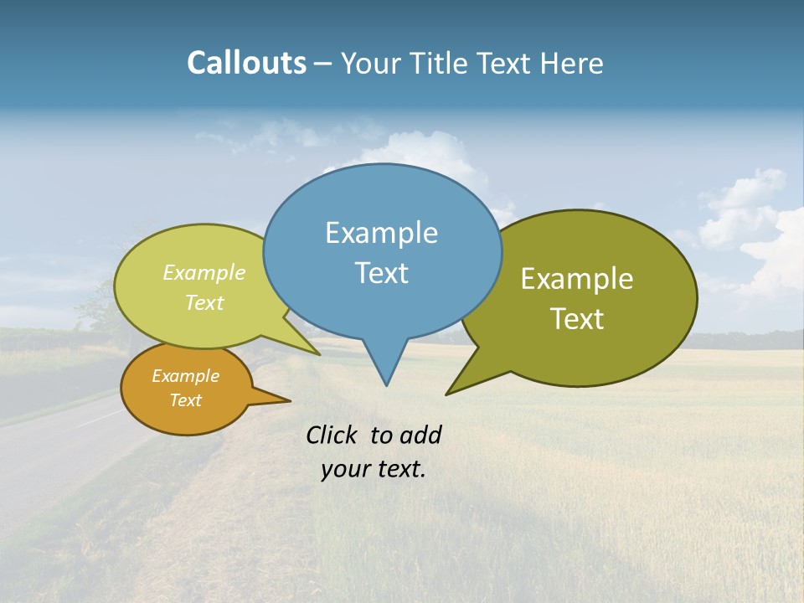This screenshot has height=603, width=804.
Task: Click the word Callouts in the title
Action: coord(246,63)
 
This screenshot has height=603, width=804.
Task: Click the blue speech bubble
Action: coord(382,201)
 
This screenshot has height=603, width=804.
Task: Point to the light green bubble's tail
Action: coord(310,350)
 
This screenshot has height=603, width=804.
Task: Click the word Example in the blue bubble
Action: coord(381,233)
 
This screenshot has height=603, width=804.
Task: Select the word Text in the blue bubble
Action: coord(381,273)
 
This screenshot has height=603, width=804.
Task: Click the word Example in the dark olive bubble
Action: coord(577,279)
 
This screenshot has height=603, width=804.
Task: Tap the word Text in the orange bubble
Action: coord(186,400)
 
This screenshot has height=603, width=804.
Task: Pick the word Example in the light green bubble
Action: coord(204,272)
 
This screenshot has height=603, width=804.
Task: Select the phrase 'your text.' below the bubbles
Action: coord(373,469)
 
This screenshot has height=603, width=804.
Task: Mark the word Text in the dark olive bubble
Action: coord(578,318)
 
